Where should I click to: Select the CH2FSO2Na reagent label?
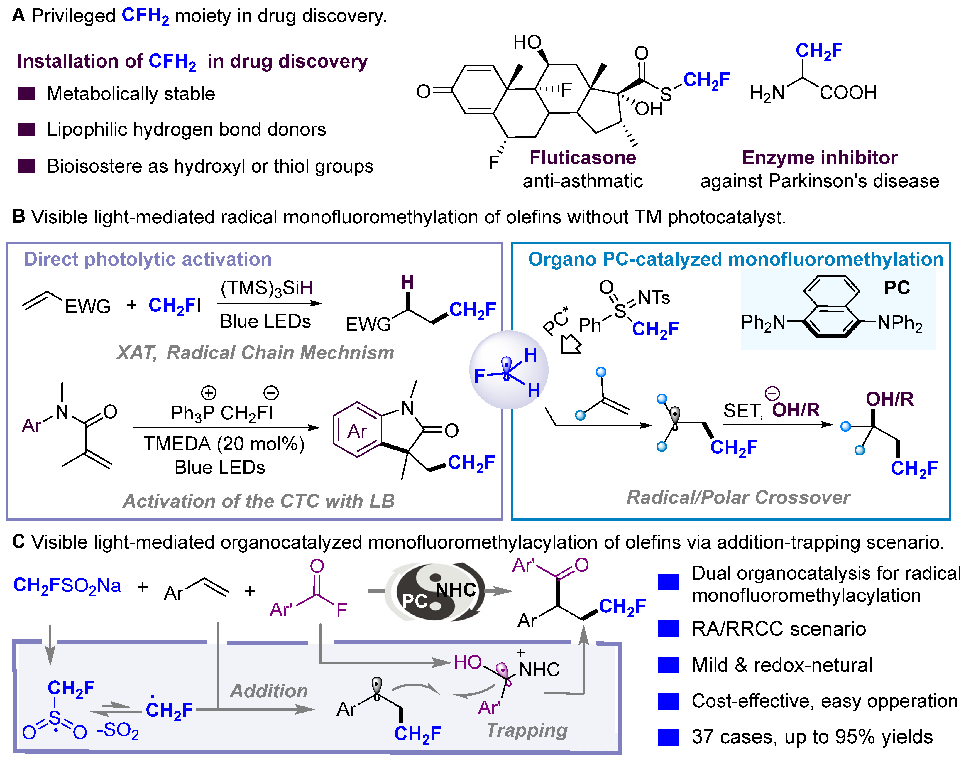pos(67,585)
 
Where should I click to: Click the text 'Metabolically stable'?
pos(131,94)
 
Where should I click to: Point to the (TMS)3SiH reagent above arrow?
pos(266,288)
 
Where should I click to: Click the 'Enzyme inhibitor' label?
pos(820,158)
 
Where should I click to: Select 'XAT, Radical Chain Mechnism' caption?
pos(255,353)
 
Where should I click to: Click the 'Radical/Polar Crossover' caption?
pos(738,497)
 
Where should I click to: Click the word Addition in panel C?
pos(269,691)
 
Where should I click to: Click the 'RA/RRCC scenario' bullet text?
pos(779,629)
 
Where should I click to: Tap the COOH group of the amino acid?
pos(848,93)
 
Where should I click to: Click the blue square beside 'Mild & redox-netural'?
pos(668,665)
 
